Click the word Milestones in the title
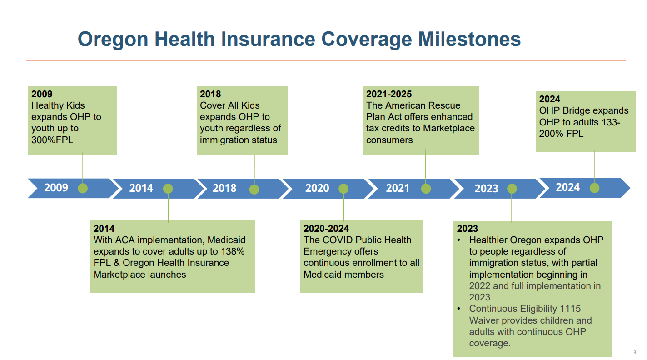(x=469, y=39)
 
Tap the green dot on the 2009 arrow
(x=83, y=188)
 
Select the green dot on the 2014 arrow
(x=168, y=189)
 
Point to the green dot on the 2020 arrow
(x=343, y=189)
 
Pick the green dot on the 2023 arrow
(x=512, y=189)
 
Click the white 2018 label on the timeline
(x=224, y=188)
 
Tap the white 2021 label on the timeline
(x=398, y=188)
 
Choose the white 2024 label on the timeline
(x=567, y=187)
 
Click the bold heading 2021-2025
(x=389, y=94)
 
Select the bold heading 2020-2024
(x=326, y=229)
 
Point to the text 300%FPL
(x=52, y=140)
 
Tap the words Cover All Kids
(x=229, y=105)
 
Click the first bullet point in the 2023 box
(x=459, y=240)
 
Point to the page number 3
(x=635, y=352)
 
